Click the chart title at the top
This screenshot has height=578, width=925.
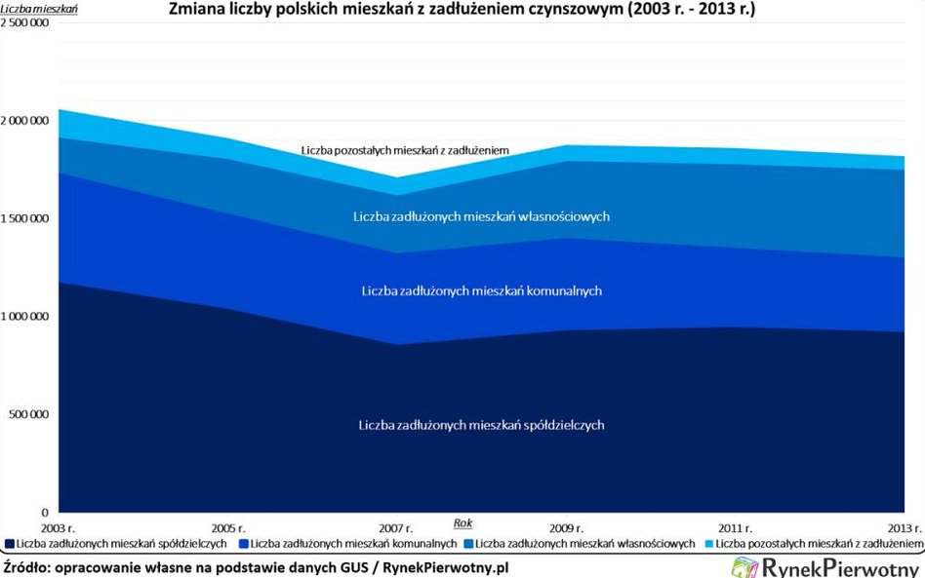click(x=462, y=11)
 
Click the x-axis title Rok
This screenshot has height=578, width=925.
click(x=462, y=522)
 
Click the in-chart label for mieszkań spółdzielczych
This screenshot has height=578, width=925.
click(x=482, y=425)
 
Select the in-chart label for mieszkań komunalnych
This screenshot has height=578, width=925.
click(x=482, y=290)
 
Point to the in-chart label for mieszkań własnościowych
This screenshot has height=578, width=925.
click(x=482, y=216)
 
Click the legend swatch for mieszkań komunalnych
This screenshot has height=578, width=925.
click(x=243, y=543)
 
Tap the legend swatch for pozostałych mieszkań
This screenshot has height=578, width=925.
click(x=706, y=543)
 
